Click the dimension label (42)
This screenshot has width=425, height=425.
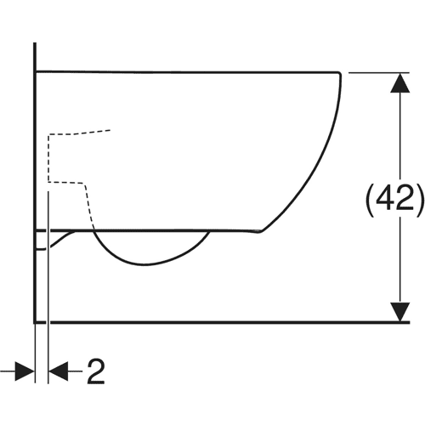pos(394,197)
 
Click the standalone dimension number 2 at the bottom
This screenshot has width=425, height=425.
pos(96,371)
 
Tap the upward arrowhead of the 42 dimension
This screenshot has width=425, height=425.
pos(399,82)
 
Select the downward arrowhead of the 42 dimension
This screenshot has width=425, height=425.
pos(399,312)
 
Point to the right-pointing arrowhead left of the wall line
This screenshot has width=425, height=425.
pos(25,371)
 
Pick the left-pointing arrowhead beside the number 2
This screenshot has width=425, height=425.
pos(59,371)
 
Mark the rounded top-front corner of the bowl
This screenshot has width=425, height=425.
pos(339,73)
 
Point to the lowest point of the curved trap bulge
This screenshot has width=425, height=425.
pos(145,264)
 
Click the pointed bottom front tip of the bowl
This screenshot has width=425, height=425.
pos(260,232)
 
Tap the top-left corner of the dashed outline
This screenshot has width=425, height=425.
pos(49,135)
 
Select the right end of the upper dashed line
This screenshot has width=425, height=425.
pos(110,130)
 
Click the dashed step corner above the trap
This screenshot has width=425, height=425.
pos(84,184)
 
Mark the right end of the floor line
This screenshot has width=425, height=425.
pos(410,322)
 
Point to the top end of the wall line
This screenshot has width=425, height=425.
pos(35,43)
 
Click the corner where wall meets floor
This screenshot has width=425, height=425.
pos(35,322)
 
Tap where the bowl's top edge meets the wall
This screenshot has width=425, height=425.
pos(35,71)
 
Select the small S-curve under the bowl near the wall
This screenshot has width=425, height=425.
pos(61,240)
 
